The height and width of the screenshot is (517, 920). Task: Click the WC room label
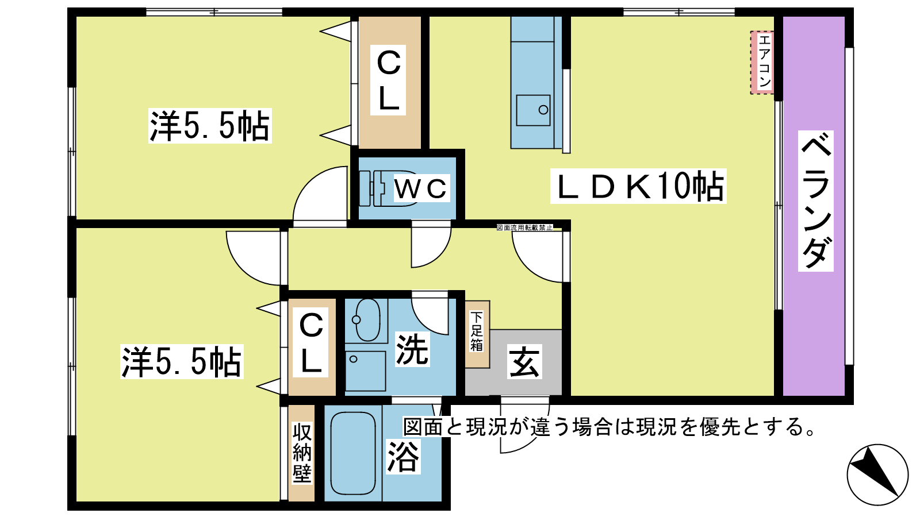(x=421, y=188)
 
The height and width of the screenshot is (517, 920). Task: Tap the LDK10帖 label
(x=638, y=186)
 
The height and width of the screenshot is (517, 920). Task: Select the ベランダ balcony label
(x=816, y=201)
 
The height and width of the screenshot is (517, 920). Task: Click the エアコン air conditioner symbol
(x=762, y=63)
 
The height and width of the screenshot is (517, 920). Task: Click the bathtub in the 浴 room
(x=353, y=453)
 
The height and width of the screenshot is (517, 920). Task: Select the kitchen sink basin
(x=533, y=110)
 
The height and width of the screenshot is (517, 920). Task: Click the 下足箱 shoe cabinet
(x=477, y=334)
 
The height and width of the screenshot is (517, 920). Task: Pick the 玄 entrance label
(x=524, y=361)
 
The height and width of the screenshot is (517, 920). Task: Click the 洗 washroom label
(x=412, y=349)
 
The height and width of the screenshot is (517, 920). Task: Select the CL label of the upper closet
(x=388, y=80)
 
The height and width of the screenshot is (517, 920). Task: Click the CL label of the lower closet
(x=311, y=343)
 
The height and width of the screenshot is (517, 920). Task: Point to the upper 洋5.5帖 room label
(x=210, y=126)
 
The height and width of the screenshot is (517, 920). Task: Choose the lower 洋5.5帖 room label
(x=182, y=361)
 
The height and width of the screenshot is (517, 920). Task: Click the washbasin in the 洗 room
(x=367, y=320)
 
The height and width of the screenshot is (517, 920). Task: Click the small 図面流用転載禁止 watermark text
(x=524, y=227)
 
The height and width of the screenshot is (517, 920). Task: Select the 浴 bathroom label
(x=403, y=456)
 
